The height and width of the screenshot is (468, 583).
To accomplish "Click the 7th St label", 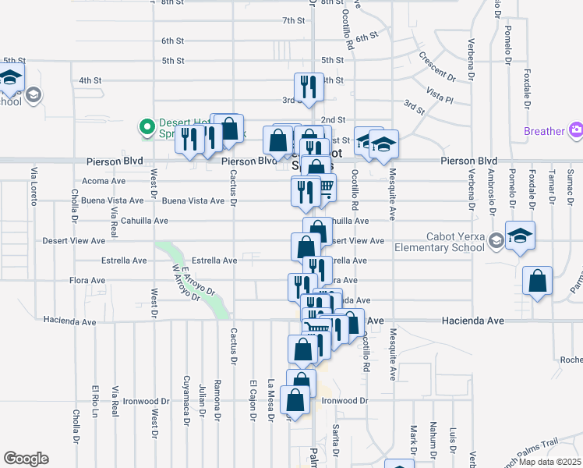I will click(294, 20).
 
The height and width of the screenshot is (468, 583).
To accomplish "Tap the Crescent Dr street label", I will click(436, 66).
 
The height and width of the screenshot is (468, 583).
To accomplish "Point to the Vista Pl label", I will click(440, 92).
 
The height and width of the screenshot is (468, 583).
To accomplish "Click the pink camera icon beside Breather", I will click(576, 130).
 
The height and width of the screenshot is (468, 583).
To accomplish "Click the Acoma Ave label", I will click(104, 181).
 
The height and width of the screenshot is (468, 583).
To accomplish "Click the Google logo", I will click(26, 459).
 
